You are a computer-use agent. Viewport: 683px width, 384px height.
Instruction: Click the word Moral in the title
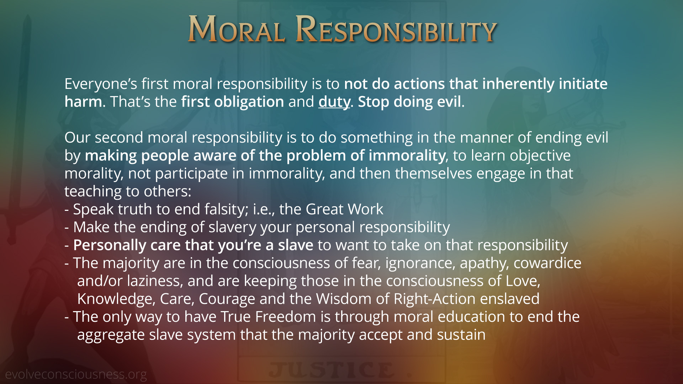tap(236, 29)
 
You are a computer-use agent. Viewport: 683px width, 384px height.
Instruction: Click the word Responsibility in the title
tap(396, 29)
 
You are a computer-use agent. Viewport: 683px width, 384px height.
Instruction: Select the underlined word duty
tap(334, 102)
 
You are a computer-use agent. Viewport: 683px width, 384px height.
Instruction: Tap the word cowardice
tap(547, 263)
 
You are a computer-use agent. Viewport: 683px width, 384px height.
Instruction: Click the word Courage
tap(227, 299)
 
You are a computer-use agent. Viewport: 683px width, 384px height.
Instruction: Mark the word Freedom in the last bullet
tap(286, 317)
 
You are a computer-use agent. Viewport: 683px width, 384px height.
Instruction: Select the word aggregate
tap(111, 335)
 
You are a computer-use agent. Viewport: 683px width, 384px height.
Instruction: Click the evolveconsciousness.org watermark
tap(76, 374)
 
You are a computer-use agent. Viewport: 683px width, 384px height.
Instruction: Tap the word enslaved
tap(510, 299)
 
